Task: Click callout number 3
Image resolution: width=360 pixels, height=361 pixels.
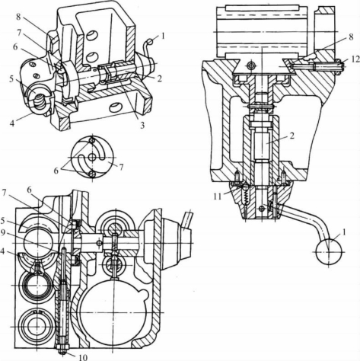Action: point(142,125)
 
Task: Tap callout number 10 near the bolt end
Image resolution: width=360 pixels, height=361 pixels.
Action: point(83,357)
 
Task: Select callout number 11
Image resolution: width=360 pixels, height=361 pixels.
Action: point(218,196)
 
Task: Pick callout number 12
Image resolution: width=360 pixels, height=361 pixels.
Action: point(356,59)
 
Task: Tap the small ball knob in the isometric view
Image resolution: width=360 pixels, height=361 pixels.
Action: point(151,41)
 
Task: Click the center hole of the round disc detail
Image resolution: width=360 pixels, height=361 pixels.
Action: point(92,158)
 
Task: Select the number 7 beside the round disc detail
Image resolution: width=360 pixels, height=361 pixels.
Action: point(120,167)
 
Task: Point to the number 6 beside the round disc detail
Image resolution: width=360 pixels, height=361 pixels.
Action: point(56,171)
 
